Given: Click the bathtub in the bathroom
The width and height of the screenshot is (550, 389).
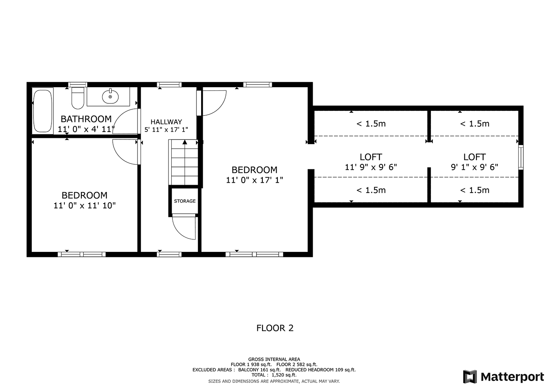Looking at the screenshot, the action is pyautogui.click(x=43, y=111).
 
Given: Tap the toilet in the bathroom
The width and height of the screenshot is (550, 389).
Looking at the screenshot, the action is pyautogui.click(x=78, y=98).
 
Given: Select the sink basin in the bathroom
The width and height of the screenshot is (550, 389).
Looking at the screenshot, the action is pyautogui.click(x=110, y=96).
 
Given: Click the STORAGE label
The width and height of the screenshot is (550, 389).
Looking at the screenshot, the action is pyautogui.click(x=185, y=201).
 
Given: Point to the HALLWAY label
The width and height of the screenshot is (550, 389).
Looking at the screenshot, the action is pyautogui.click(x=166, y=122).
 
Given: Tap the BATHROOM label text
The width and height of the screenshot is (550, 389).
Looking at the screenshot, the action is pyautogui.click(x=86, y=119).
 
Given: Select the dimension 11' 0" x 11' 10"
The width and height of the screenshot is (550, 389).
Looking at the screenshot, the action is pyautogui.click(x=84, y=206).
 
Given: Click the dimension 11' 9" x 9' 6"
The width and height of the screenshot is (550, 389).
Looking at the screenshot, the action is pyautogui.click(x=371, y=167).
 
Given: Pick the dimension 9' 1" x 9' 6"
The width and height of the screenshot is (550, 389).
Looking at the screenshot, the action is pyautogui.click(x=475, y=167).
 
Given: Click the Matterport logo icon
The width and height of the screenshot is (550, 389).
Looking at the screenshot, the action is pyautogui.click(x=470, y=377).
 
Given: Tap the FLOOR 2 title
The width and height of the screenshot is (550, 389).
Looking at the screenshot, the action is pyautogui.click(x=275, y=328).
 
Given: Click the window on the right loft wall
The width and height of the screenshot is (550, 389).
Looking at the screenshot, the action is pyautogui.click(x=521, y=157).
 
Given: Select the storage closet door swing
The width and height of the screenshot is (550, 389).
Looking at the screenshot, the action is pyautogui.click(x=184, y=227).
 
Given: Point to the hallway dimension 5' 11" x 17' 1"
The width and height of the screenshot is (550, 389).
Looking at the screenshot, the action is pyautogui.click(x=166, y=130).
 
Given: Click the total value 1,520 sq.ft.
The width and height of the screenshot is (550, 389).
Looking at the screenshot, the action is pyautogui.click(x=284, y=375).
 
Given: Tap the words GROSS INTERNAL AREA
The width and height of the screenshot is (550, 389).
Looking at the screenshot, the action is pyautogui.click(x=274, y=359).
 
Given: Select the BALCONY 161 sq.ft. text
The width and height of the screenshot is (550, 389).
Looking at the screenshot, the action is pyautogui.click(x=260, y=370).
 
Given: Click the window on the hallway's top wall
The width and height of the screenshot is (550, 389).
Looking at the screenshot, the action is pyautogui.click(x=169, y=85).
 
